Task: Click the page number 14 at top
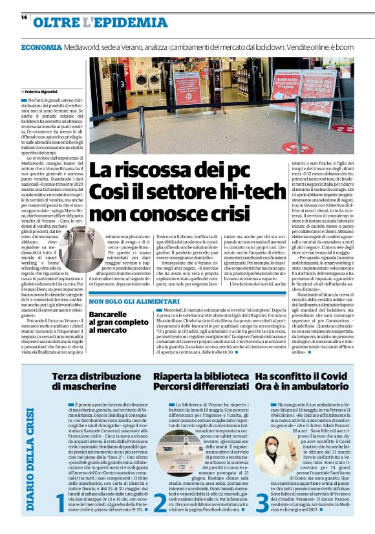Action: [23, 17]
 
